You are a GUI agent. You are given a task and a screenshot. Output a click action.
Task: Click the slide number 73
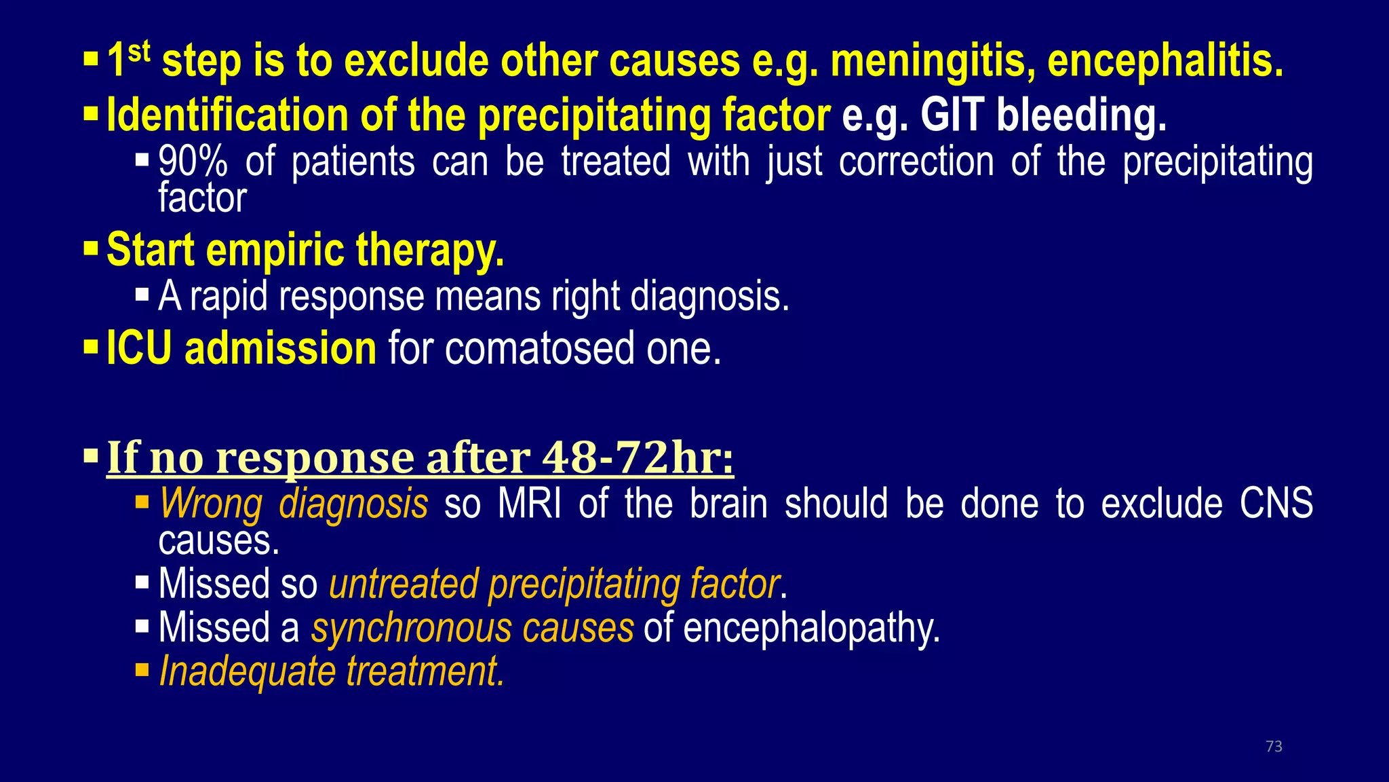coord(1274,746)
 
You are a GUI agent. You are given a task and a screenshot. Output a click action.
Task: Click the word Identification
coord(227,115)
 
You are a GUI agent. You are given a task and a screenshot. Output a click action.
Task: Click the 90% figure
coord(193,163)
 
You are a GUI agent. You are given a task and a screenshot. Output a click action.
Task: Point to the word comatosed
coord(539,348)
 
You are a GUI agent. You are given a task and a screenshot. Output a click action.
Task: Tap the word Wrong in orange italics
coord(210,504)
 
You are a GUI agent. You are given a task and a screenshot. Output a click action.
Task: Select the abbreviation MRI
coord(529,504)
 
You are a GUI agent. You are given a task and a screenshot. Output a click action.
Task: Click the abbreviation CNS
coord(1276,504)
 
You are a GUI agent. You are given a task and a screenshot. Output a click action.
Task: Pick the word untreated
coord(403,584)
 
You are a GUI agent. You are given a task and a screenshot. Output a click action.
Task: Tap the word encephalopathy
coord(811,628)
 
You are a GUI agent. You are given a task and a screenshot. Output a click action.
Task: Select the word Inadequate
coord(247,671)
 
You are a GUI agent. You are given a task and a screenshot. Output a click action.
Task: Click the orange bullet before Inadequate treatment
coord(142,671)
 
